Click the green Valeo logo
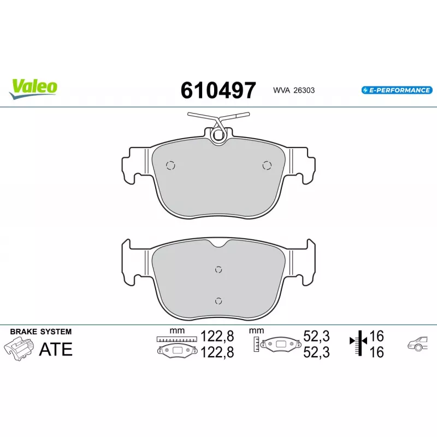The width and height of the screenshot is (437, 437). point(33,88)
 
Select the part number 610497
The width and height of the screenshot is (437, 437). point(218,90)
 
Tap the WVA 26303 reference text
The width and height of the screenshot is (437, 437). point(294,90)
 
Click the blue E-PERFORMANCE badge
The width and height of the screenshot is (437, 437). point(397,90)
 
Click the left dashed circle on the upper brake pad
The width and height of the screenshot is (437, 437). point(170,166)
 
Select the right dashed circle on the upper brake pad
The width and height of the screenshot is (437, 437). point(267,166)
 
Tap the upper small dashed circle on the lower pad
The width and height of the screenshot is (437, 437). point(218,269)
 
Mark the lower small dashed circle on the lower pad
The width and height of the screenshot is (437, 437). point(218,301)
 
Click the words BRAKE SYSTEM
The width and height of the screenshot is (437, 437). point(40,332)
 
